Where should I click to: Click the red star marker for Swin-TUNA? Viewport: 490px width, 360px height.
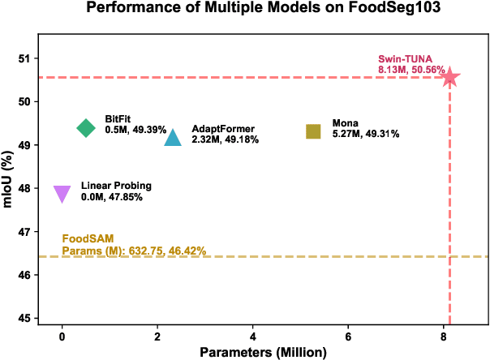point(449,78)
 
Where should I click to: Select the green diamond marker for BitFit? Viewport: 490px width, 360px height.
point(86,127)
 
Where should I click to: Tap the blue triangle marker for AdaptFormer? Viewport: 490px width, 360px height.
point(173,138)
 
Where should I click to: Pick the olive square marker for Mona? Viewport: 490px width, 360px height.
point(313,131)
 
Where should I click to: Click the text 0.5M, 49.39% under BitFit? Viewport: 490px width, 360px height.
point(135,130)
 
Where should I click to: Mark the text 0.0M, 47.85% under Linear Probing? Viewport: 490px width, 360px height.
point(111,197)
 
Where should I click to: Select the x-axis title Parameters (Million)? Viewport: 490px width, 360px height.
point(264,352)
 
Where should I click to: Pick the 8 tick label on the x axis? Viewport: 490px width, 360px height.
point(444,336)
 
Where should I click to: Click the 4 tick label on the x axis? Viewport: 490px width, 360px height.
point(253,336)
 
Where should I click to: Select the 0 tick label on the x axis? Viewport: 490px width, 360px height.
point(62,336)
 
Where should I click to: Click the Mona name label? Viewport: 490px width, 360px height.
point(346,123)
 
